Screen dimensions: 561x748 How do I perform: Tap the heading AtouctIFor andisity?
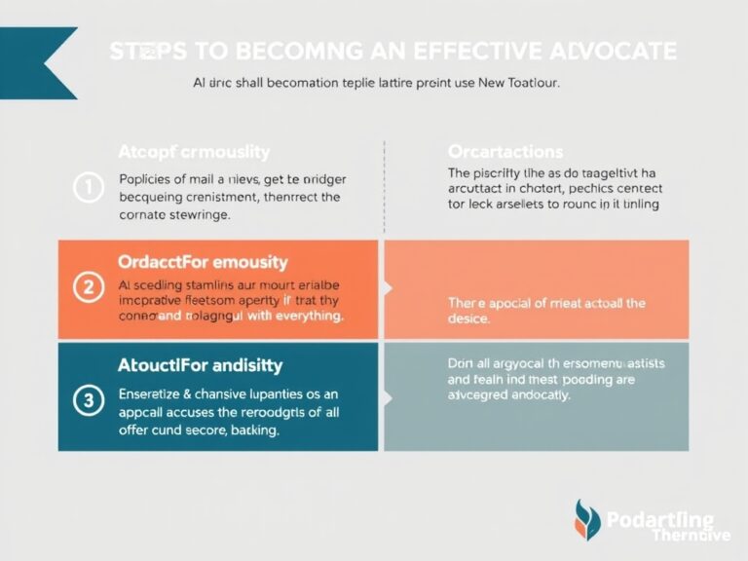[x=200, y=365]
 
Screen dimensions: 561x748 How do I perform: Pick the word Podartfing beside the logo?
[x=659, y=519]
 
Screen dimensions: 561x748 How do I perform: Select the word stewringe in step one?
[x=198, y=214]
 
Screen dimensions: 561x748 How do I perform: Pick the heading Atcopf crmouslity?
[x=194, y=152]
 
